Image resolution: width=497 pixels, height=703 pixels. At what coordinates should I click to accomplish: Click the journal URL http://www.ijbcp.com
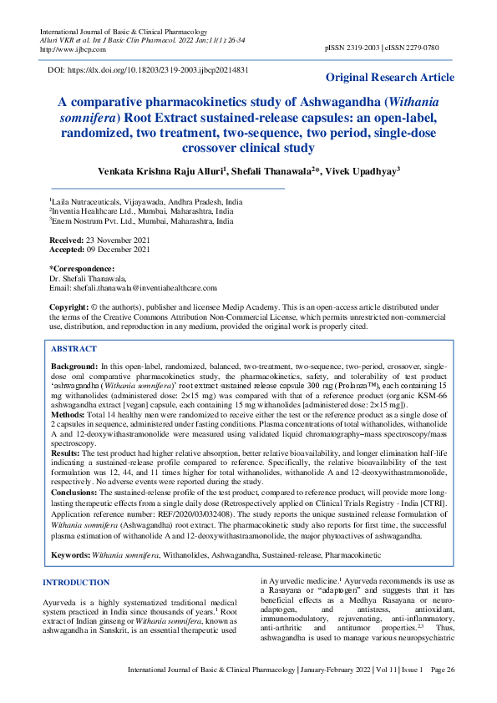(x=69, y=49)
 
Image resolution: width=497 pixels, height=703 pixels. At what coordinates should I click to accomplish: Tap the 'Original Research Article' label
(x=390, y=78)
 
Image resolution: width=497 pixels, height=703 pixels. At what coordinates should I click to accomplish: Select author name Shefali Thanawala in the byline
(x=261, y=170)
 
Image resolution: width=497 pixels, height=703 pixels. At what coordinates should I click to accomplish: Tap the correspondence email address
(x=139, y=287)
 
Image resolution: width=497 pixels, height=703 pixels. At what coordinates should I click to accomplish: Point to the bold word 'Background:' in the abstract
(x=74, y=367)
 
